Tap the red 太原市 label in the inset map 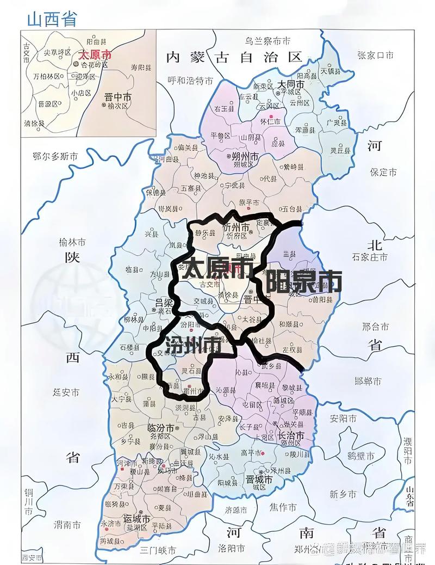tap(95, 54)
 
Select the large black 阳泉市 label tap(303, 281)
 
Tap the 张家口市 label tap(375, 54)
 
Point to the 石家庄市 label tap(370, 256)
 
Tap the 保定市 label tap(383, 173)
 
